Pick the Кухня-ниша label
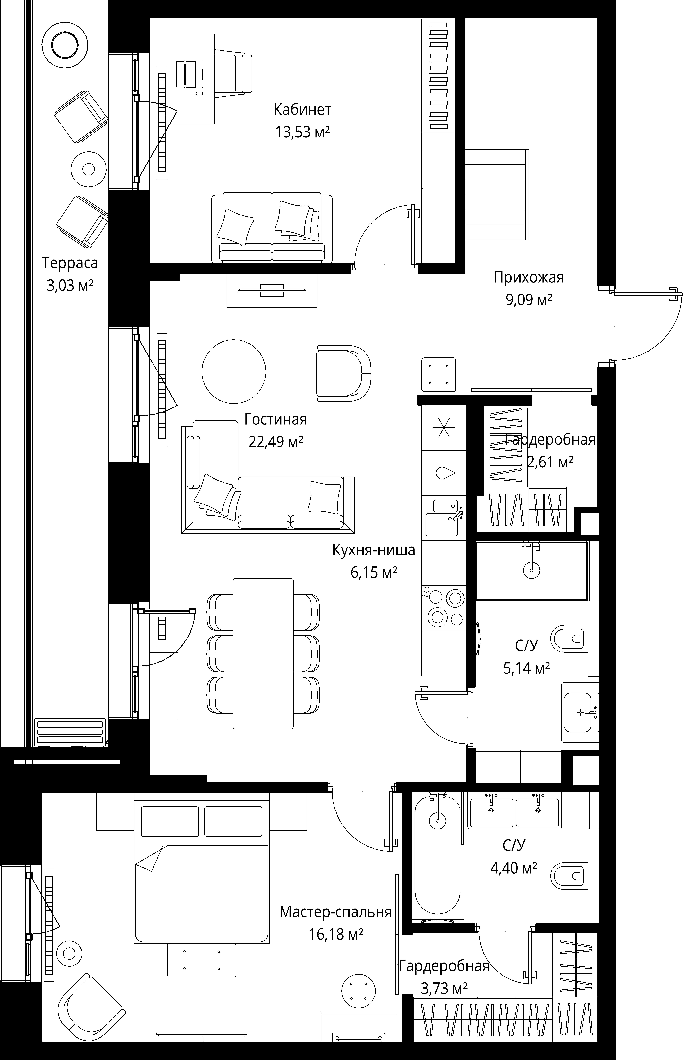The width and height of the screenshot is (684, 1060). [374, 550]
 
